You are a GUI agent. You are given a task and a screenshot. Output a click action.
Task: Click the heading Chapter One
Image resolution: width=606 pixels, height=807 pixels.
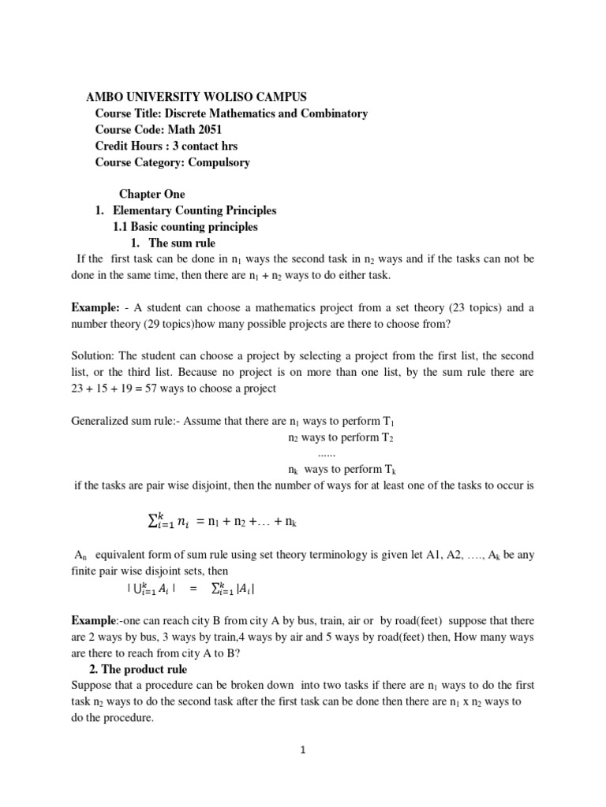151,194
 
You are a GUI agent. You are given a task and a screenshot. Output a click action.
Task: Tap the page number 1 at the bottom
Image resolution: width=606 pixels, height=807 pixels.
302,749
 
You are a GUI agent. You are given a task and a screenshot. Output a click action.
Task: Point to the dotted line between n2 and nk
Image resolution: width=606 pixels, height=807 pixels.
326,454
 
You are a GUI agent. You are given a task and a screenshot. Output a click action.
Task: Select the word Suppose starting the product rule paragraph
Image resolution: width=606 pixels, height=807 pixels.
92,686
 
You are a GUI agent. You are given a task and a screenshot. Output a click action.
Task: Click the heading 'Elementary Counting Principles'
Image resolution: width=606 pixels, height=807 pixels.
195,210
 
